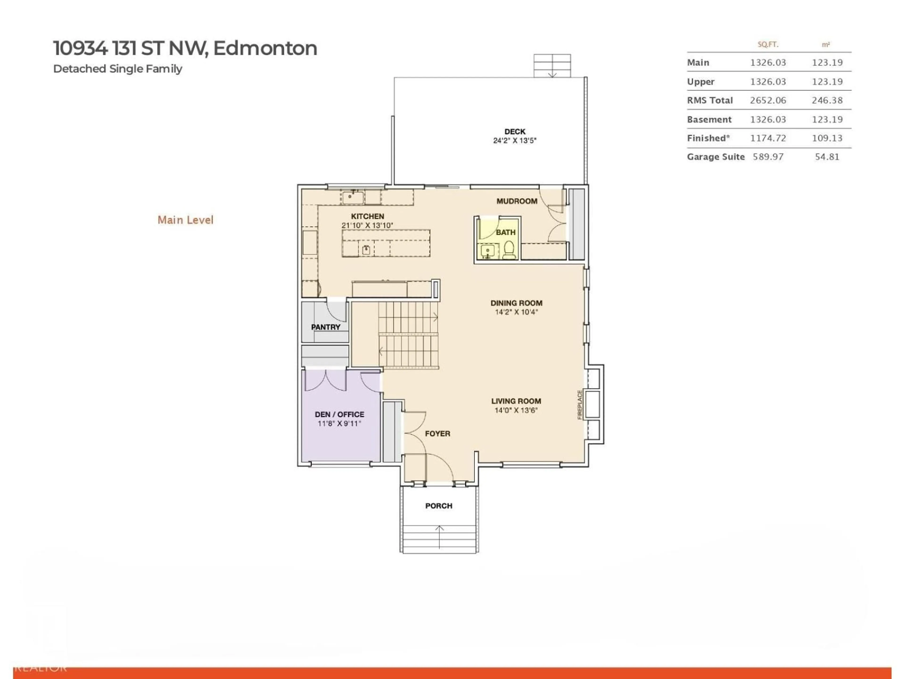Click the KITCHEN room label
367,216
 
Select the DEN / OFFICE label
339,414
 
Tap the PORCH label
439,506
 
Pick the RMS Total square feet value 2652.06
768,100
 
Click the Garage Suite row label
715,157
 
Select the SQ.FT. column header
768,44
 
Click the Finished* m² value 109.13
827,138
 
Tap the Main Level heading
185,220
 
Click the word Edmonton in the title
265,48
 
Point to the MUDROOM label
517,201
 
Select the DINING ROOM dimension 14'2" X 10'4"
516,312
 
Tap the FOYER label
437,433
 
